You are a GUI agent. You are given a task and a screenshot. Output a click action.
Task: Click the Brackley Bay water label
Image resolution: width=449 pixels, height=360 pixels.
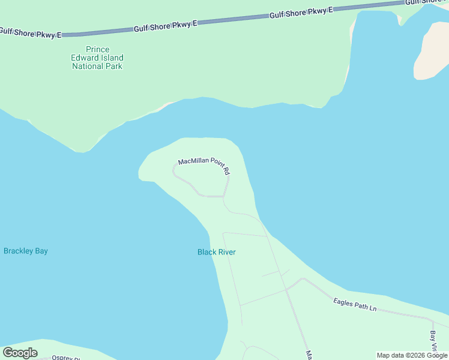[x=26, y=251]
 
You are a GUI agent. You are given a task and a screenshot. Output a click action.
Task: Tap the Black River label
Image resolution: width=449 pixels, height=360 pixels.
[x=216, y=252]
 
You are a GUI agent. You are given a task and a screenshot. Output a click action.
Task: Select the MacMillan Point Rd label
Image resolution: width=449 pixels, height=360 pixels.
[x=204, y=166]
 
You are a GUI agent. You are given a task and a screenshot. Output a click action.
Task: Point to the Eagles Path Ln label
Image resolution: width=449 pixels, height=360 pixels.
[x=355, y=304]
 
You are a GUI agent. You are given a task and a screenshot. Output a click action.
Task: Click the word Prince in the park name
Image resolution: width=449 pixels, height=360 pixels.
[x=97, y=49]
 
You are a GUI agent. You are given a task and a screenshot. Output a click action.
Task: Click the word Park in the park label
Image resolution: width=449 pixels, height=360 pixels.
[x=113, y=66]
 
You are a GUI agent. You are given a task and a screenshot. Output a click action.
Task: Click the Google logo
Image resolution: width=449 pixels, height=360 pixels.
[x=20, y=353]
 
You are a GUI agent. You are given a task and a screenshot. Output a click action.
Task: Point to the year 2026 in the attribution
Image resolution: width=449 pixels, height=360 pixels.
[x=418, y=355]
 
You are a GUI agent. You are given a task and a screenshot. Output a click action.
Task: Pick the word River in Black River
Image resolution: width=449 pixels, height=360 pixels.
[x=226, y=252]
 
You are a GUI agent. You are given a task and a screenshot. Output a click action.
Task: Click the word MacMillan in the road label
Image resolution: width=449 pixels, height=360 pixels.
[x=193, y=162]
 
